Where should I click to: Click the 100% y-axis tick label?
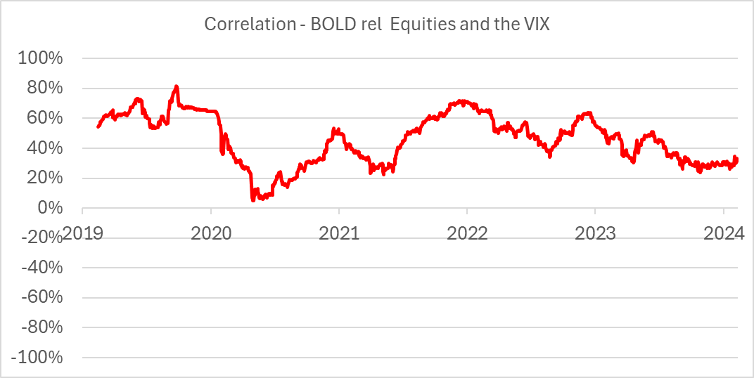click(x=40, y=58)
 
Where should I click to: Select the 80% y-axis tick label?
click(x=44, y=89)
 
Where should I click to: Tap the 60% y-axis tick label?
click(x=44, y=118)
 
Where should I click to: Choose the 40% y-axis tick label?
click(x=44, y=148)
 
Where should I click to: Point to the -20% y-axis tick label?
click(x=41, y=238)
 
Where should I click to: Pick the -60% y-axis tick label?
click(x=41, y=298)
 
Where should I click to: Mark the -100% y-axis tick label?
click(x=37, y=358)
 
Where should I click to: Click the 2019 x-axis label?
click(x=83, y=234)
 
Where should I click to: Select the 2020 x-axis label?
click(x=211, y=234)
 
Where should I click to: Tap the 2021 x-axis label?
click(x=339, y=234)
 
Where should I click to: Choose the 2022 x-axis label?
click(x=467, y=234)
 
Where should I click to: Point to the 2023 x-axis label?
click(x=595, y=234)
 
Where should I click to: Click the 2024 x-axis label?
click(x=723, y=234)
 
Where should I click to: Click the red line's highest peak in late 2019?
click(x=177, y=86)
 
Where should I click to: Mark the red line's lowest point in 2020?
click(x=253, y=200)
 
